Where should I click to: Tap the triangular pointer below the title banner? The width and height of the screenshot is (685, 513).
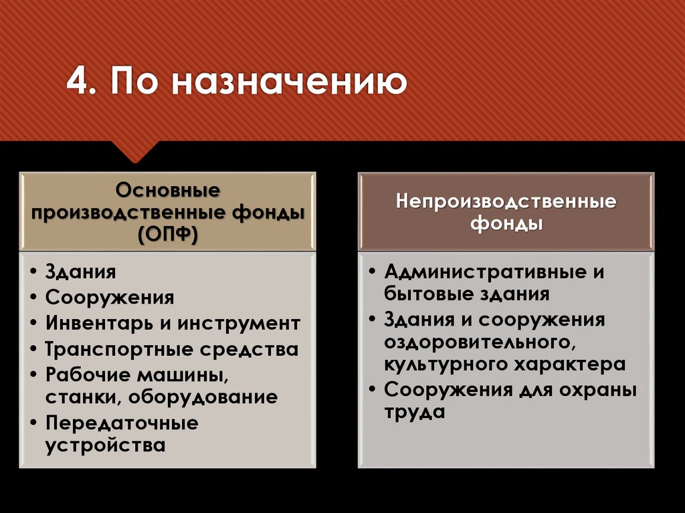click(x=136, y=152)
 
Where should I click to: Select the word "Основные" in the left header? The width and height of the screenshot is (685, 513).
click(x=167, y=190)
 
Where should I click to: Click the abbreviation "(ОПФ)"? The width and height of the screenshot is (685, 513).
click(x=167, y=235)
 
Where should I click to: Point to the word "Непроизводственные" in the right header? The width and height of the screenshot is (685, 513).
click(x=506, y=201)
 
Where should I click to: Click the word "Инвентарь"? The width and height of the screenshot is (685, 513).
click(x=99, y=323)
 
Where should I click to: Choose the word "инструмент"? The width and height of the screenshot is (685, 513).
click(x=239, y=323)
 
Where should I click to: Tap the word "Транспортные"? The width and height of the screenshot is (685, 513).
click(x=116, y=348)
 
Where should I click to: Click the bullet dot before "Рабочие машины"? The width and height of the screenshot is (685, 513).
click(x=33, y=375)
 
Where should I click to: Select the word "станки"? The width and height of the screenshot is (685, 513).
click(x=82, y=397)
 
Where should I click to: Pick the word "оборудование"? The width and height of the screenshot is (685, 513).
click(x=204, y=397)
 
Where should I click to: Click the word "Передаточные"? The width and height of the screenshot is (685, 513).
click(x=122, y=423)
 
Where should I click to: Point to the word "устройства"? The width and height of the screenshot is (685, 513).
click(x=105, y=445)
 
